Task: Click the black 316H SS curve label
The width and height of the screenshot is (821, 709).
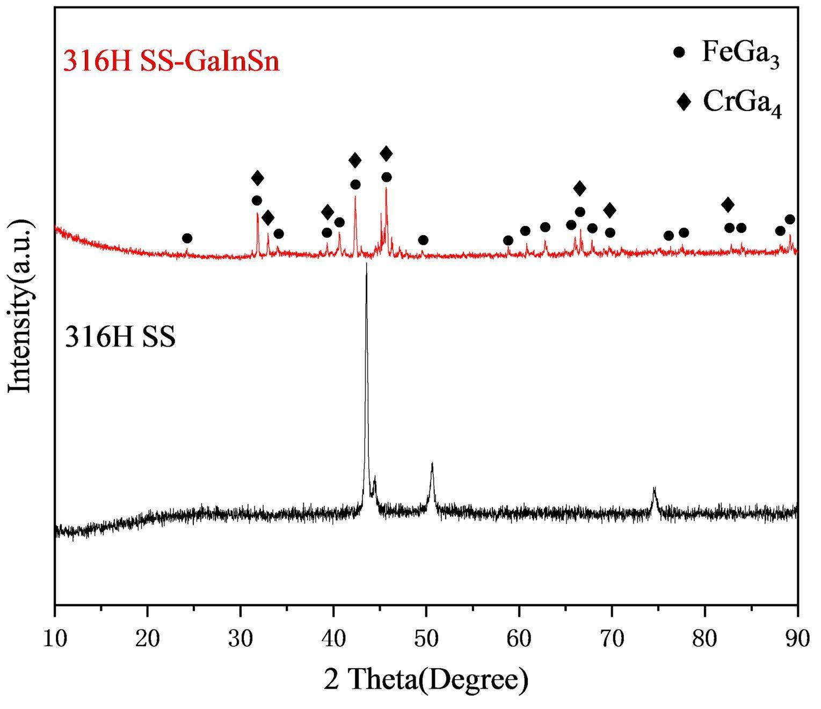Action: [x=120, y=338]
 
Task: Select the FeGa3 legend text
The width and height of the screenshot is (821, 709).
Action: [x=740, y=54]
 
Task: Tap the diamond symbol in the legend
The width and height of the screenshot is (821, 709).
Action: [x=684, y=101]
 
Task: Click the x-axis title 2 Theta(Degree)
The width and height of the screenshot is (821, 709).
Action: [x=426, y=680]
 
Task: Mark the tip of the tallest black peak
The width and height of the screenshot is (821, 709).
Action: [x=366, y=264]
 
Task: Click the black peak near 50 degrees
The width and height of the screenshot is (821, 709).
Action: [x=432, y=463]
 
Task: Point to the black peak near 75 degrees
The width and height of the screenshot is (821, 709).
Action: [x=654, y=488]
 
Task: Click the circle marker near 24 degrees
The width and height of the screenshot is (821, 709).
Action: [x=187, y=238]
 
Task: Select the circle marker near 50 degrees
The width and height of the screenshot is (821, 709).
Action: [x=423, y=240]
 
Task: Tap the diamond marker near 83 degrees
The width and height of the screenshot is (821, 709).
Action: [x=728, y=204]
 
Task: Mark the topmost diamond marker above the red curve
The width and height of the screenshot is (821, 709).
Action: [x=386, y=154]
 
